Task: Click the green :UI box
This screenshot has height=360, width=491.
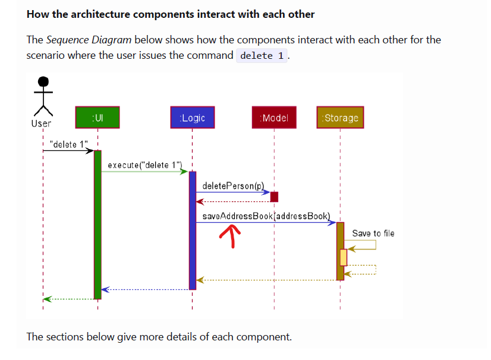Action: pyautogui.click(x=97, y=118)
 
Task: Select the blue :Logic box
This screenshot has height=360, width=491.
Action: pyautogui.click(x=192, y=118)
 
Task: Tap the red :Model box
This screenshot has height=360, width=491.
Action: pyautogui.click(x=274, y=118)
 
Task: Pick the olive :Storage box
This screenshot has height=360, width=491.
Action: pyautogui.click(x=340, y=118)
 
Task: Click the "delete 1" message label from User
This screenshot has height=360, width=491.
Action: pyautogui.click(x=69, y=144)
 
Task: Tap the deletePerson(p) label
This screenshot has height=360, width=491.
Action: pyautogui.click(x=233, y=186)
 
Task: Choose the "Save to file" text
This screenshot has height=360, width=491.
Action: pyautogui.click(x=373, y=233)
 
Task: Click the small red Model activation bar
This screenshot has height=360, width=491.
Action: pyautogui.click(x=274, y=197)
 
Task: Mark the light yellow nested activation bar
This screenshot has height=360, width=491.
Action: pyautogui.click(x=344, y=257)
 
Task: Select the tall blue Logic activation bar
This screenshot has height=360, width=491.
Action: pyautogui.click(x=192, y=230)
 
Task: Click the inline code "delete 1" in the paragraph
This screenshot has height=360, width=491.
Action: pyautogui.click(x=262, y=56)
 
